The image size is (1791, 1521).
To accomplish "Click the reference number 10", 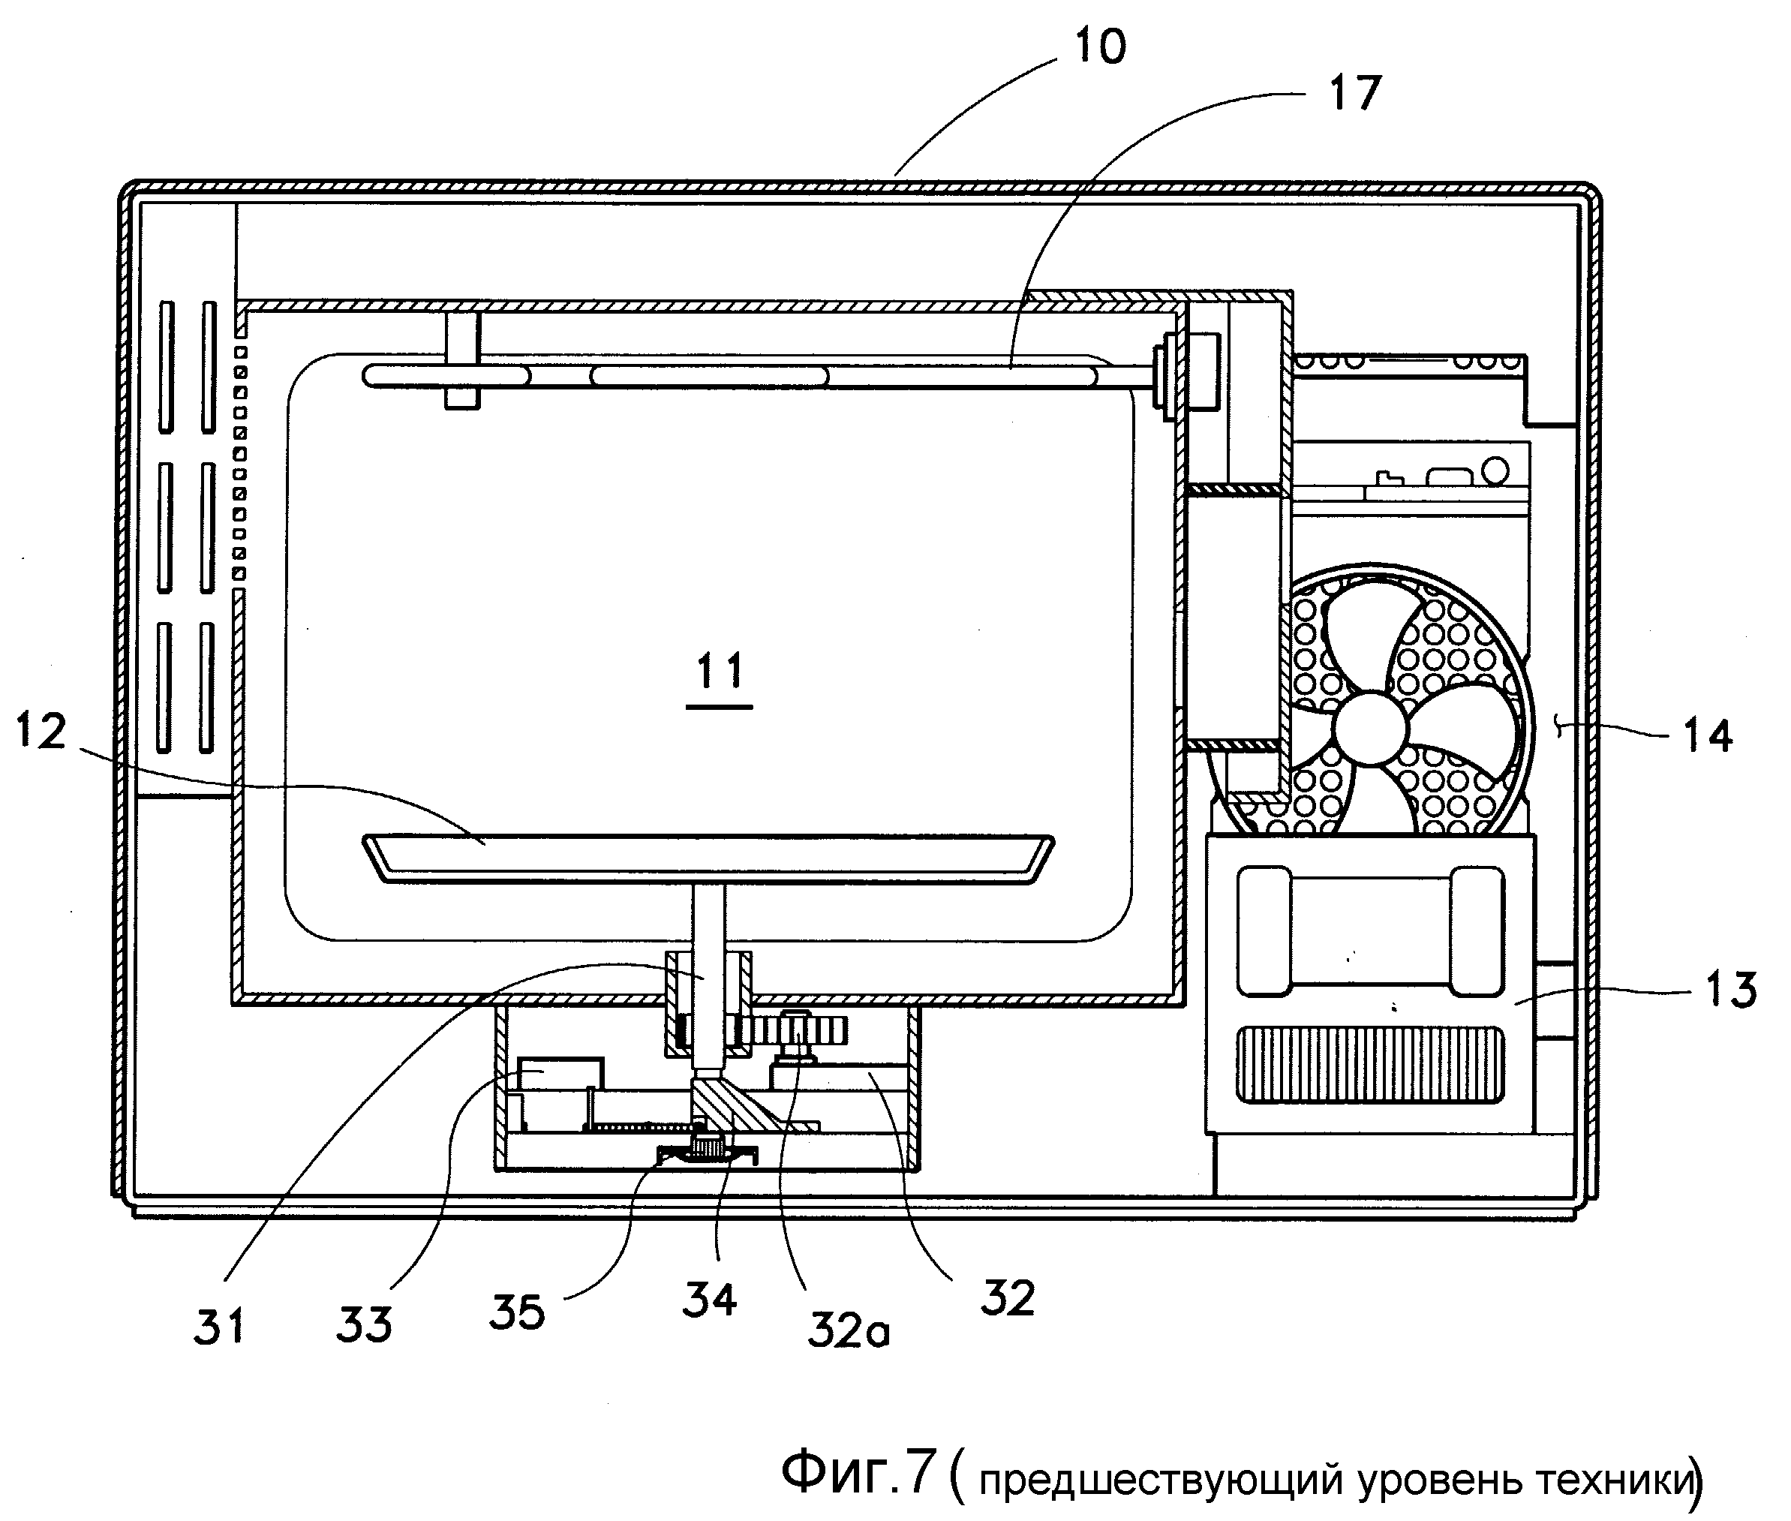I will [1099, 47].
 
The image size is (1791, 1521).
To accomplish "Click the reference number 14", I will [1708, 736].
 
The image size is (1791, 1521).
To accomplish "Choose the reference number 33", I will [364, 1324].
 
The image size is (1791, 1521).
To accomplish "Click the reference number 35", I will [518, 1312].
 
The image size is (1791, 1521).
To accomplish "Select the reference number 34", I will [710, 1300].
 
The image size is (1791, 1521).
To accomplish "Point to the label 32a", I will [849, 1330].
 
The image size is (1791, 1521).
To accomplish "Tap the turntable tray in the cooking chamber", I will [707, 858].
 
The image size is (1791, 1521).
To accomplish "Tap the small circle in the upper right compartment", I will [1496, 470].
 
